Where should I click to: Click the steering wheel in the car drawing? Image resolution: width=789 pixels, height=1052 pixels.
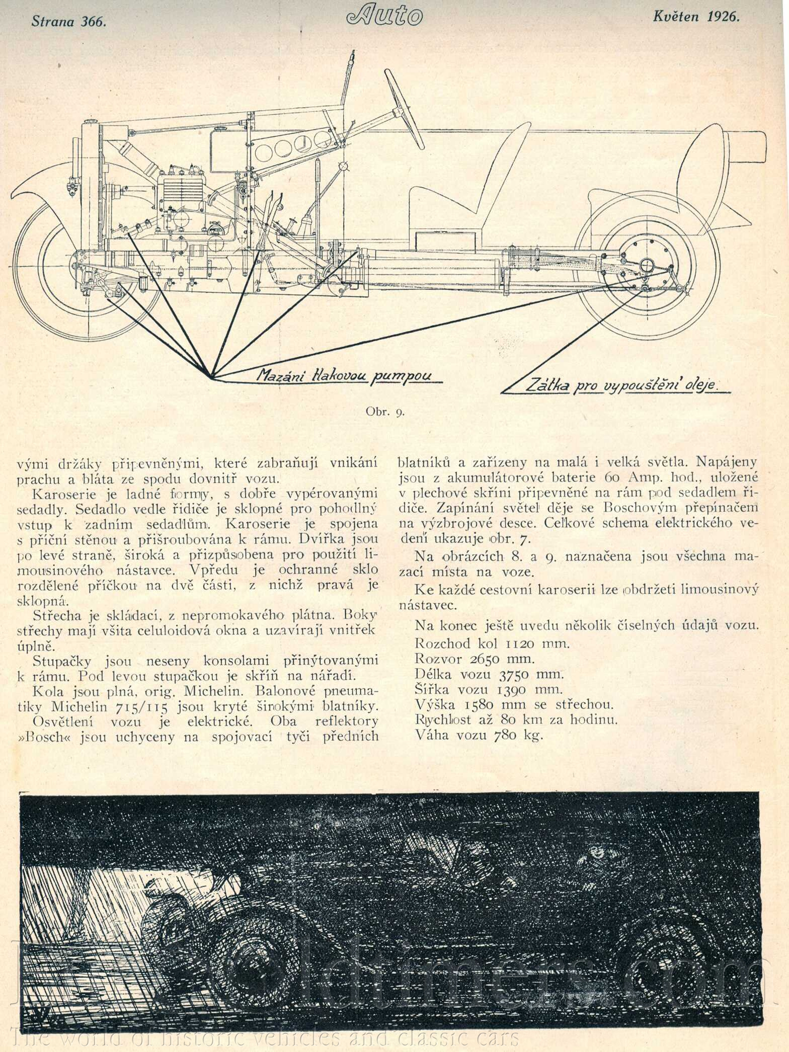tap(403, 105)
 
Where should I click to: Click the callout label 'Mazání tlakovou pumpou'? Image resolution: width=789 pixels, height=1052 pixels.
tap(344, 375)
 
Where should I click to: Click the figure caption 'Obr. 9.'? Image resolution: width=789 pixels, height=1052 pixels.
tap(385, 412)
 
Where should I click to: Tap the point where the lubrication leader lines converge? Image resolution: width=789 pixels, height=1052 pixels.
tap(211, 376)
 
